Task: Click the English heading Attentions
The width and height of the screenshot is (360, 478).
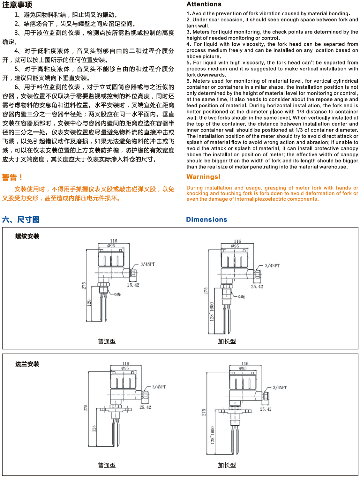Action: click(204, 4)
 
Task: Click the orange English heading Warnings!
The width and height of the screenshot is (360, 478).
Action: click(203, 177)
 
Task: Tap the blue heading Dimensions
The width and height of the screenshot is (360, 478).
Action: click(206, 220)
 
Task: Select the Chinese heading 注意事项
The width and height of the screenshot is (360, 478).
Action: click(17, 4)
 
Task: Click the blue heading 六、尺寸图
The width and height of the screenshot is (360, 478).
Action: click(21, 220)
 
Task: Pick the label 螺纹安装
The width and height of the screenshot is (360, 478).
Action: click(27, 236)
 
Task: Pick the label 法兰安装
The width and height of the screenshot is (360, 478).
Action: click(27, 364)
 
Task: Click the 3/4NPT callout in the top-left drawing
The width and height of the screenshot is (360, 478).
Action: click(147, 264)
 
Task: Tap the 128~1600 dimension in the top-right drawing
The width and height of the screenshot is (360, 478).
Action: click(212, 311)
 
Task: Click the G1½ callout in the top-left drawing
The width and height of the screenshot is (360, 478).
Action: click(117, 294)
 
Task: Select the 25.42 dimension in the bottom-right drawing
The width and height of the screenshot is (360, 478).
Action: click(266, 409)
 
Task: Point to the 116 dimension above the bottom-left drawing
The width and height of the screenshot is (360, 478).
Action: click(125, 363)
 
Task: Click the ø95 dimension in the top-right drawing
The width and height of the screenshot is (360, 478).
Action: click(235, 246)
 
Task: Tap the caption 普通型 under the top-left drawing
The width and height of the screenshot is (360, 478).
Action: click(107, 341)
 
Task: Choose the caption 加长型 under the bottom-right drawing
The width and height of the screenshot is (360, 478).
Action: click(227, 465)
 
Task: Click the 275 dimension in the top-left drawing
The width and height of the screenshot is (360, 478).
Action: click(84, 286)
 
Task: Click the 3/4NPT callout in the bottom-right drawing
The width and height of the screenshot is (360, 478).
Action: click(280, 388)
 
